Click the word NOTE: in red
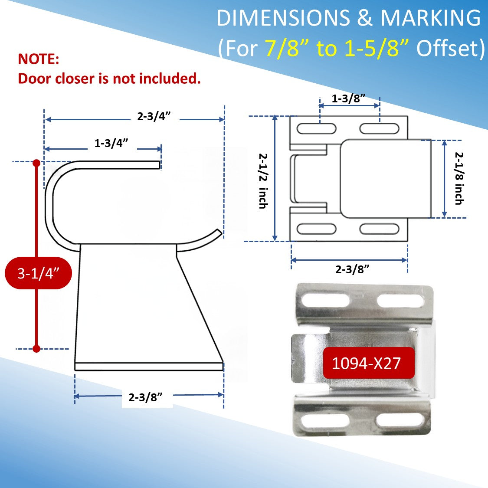point(38,59)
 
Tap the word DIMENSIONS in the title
point(283,19)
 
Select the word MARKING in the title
point(430,19)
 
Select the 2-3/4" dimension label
point(154,116)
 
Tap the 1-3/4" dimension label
point(111,143)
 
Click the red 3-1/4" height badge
point(38,273)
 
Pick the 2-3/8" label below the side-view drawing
point(145,397)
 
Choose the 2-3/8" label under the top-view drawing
point(352,269)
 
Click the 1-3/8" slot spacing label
point(348,98)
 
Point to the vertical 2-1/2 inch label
point(263,180)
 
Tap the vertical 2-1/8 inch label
point(459,178)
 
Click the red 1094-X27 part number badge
point(367,363)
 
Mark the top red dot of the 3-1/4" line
point(36,163)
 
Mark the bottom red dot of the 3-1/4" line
point(36,348)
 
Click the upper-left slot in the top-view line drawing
point(316,129)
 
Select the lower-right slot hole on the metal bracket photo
point(400,419)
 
